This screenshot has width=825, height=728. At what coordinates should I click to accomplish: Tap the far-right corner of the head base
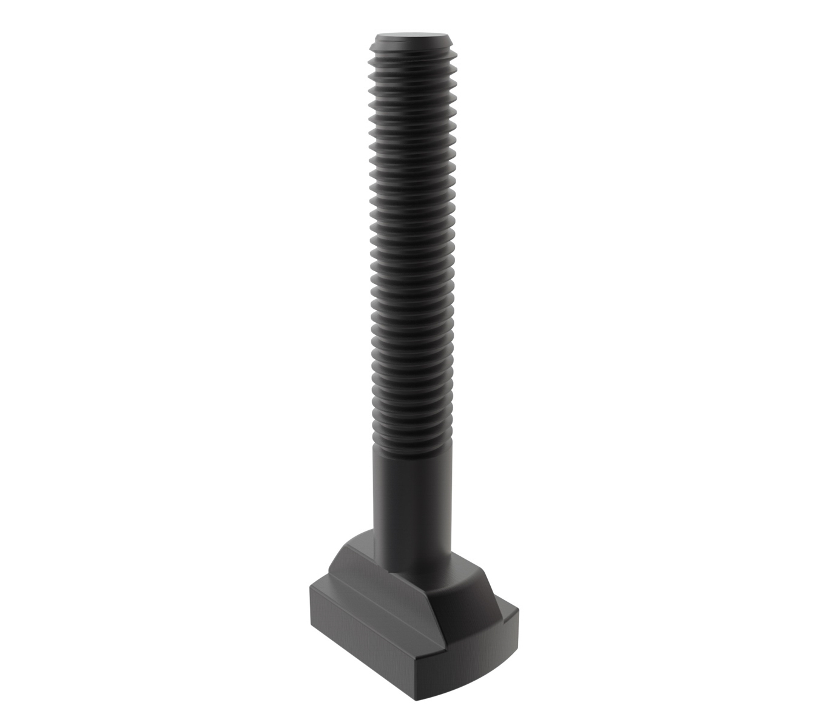click(x=519, y=613)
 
